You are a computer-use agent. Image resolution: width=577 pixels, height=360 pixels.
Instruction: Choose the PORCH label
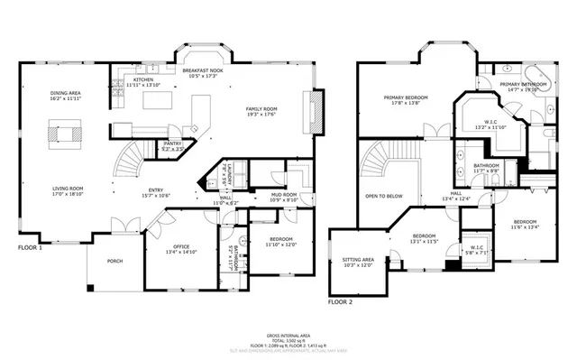(x=114, y=261)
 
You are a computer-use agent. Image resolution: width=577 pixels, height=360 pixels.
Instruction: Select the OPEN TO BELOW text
(x=383, y=195)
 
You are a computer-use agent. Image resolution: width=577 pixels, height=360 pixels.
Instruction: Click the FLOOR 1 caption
(x=30, y=247)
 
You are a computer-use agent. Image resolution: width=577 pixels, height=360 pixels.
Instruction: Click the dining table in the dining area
(x=63, y=134)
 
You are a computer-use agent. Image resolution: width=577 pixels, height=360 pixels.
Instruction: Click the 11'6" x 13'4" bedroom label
(x=524, y=224)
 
